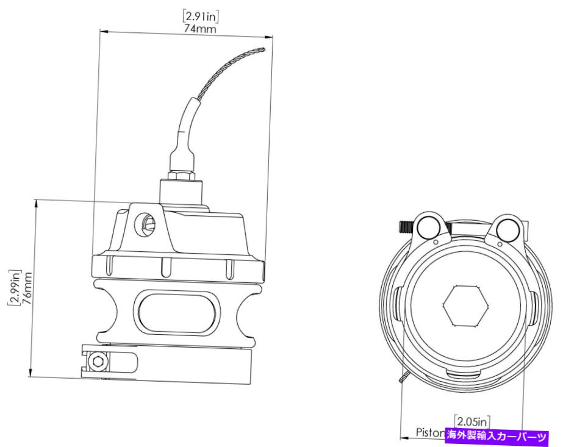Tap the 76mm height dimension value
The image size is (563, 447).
pyautogui.click(x=26, y=288)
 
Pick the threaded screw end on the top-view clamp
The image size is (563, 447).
pyautogui.click(x=404, y=227)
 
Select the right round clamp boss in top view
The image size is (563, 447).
pyautogui.click(x=506, y=228)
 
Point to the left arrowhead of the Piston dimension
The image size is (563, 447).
pyautogui.click(x=403, y=437)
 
